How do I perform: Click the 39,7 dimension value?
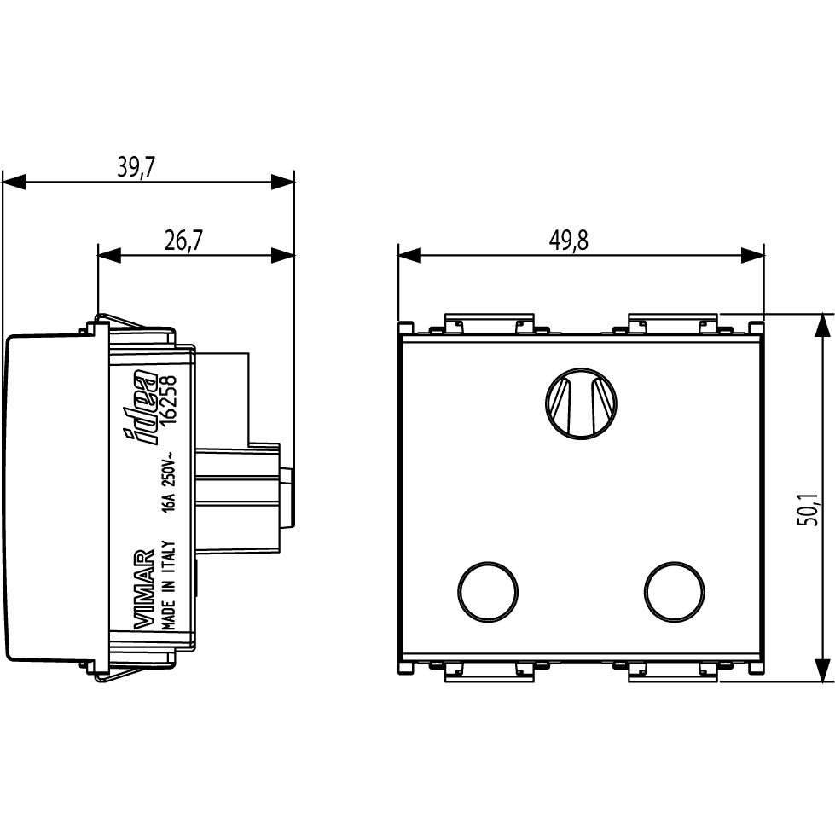(x=136, y=167)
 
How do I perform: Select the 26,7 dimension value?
(x=183, y=241)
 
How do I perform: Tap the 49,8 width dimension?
(x=568, y=241)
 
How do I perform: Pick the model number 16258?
(x=169, y=397)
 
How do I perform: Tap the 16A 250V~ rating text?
(x=169, y=487)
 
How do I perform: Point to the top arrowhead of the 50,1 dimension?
(x=821, y=325)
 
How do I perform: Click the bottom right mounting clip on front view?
(x=673, y=673)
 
